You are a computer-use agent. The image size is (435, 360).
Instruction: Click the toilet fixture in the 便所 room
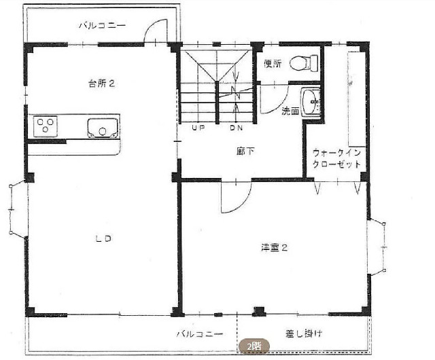pyautogui.click(x=304, y=62)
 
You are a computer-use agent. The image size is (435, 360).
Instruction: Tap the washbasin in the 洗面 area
pyautogui.click(x=311, y=102)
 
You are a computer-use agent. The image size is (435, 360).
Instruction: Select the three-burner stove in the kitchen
pyautogui.click(x=46, y=126)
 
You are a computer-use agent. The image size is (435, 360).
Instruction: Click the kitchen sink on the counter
pyautogui.click(x=103, y=128)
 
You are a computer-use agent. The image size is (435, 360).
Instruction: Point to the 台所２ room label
pyautogui.click(x=102, y=84)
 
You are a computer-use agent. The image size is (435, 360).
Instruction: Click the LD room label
pyautogui.click(x=103, y=238)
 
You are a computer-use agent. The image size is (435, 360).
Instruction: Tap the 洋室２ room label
pyautogui.click(x=275, y=247)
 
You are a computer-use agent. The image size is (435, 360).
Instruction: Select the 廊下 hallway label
pyautogui.click(x=245, y=151)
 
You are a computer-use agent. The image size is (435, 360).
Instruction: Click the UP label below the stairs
pyautogui.click(x=198, y=128)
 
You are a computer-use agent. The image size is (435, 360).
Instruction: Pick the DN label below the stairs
pyautogui.click(x=236, y=128)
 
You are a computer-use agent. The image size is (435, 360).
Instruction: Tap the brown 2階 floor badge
pyautogui.click(x=254, y=346)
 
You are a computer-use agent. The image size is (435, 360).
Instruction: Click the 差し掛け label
pyautogui.click(x=304, y=333)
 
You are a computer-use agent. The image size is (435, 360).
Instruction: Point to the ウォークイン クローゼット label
pyautogui.click(x=336, y=158)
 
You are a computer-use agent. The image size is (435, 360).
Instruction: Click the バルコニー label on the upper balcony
pyautogui.click(x=103, y=26)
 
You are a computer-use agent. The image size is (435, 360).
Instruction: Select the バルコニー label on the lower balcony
pyautogui.click(x=199, y=334)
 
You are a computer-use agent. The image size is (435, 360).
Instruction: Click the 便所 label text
pyautogui.click(x=273, y=64)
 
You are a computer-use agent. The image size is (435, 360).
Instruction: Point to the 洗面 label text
pyautogui.click(x=290, y=111)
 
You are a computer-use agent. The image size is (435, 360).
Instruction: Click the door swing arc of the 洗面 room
pyautogui.click(x=282, y=106)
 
